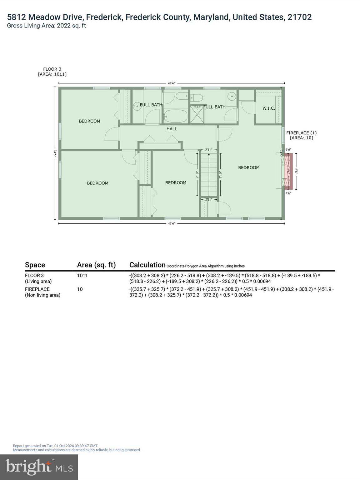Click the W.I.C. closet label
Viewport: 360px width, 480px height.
268,108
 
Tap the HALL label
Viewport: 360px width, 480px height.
172,129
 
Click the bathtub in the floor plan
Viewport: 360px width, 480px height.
175,117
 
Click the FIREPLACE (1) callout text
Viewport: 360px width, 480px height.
301,133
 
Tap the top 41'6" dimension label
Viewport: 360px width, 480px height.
172,83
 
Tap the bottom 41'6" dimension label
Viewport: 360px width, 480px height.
172,223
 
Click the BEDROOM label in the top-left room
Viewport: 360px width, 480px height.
89,121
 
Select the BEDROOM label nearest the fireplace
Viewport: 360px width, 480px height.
249,167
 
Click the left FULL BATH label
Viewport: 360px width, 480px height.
151,105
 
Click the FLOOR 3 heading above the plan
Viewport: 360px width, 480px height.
52,69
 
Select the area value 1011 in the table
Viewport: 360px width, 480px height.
82,275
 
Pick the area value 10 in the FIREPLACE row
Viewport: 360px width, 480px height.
80,289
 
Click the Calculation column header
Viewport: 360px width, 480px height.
147,265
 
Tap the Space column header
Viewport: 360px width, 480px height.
35,265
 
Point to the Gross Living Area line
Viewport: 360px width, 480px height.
46,26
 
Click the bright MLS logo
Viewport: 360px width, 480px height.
39,467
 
